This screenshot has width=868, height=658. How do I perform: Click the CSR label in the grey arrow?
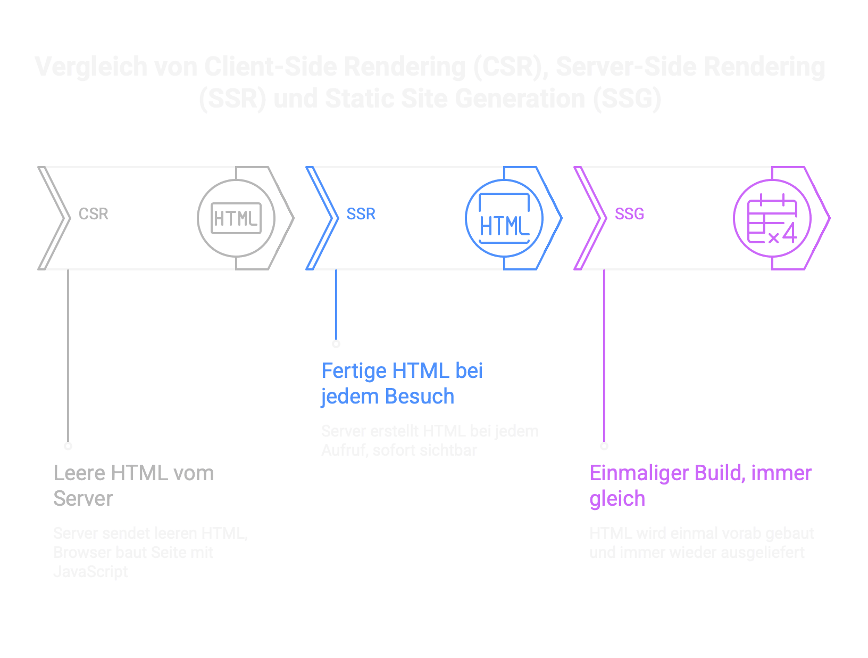tap(94, 214)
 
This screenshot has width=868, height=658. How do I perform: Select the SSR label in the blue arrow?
tap(361, 214)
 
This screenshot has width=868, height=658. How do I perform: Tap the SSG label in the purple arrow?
tap(629, 214)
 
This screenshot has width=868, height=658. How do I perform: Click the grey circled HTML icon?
tap(236, 218)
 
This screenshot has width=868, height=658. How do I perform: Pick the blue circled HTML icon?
tap(504, 218)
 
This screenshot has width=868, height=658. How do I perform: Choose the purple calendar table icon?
tap(772, 218)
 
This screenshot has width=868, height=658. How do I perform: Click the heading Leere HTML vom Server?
tap(133, 486)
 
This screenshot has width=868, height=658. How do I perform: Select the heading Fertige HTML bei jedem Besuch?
tap(402, 383)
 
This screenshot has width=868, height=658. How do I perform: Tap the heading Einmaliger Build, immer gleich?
tap(700, 486)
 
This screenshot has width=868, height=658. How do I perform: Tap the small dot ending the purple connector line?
tap(604, 446)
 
